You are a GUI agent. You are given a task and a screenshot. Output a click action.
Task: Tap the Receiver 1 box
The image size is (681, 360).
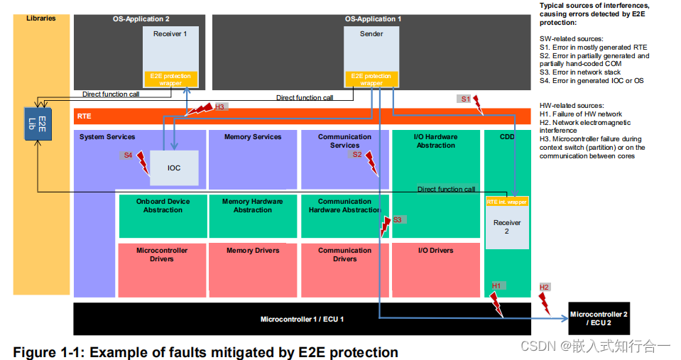[x=170, y=50]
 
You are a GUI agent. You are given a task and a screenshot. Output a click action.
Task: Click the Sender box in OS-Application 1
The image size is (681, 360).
[x=371, y=50]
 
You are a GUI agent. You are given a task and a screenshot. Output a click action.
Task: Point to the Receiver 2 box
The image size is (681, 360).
[x=507, y=226]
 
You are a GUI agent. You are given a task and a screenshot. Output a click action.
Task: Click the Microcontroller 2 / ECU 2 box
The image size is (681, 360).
[x=599, y=318]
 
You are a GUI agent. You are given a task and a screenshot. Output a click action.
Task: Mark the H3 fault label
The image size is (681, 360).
[x=219, y=107]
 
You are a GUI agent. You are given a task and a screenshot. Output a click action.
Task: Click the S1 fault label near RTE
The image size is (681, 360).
[x=466, y=99]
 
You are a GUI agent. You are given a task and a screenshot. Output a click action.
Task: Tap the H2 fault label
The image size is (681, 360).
[x=545, y=287]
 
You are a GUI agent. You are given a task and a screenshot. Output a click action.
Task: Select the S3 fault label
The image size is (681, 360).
[x=397, y=220]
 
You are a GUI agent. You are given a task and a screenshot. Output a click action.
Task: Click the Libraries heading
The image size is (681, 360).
[x=41, y=18]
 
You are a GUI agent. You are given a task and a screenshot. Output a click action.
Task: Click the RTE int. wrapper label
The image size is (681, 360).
[x=507, y=202]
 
